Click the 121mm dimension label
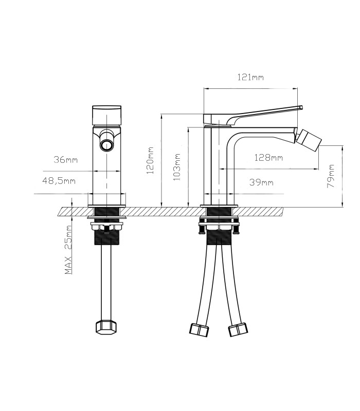tap(250, 78)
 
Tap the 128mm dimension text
tap(268, 158)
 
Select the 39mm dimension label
tap(261, 182)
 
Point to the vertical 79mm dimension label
tap(331, 176)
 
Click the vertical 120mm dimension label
tap(150, 161)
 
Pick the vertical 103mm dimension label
tap(177, 167)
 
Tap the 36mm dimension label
tap(66, 159)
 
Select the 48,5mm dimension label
tap(59, 181)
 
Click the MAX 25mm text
tap(68, 250)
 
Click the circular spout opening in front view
tap(107, 145)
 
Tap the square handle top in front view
tap(107, 115)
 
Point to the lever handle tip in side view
tap(301, 107)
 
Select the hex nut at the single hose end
tap(106, 327)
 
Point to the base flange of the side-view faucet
tap(219, 206)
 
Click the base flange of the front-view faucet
tap(106, 206)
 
